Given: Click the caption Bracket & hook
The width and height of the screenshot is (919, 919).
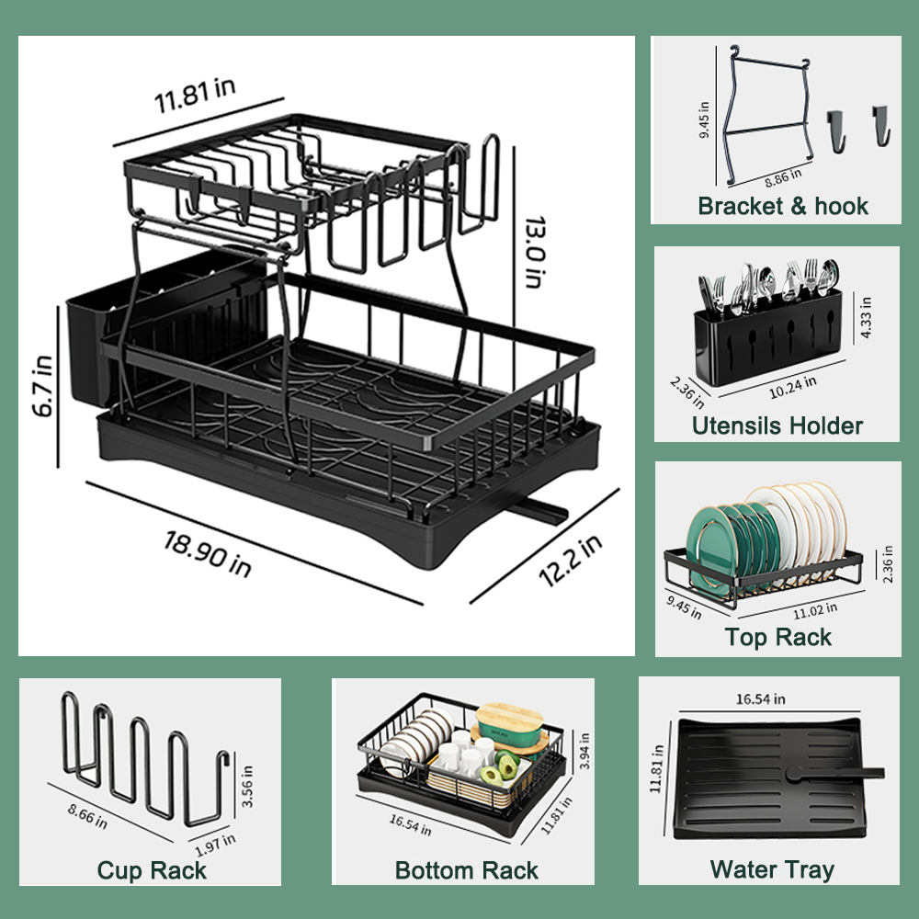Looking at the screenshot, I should pos(782,206).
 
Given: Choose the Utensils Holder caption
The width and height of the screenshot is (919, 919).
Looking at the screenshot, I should pos(777,425).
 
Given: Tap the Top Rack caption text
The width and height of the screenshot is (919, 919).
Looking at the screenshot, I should pos(777,637).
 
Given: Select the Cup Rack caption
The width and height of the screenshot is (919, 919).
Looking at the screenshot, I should pos(152,870).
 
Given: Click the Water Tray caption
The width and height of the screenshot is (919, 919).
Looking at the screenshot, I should pos(772,869).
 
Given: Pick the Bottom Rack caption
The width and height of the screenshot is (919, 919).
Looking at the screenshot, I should pos(467,870).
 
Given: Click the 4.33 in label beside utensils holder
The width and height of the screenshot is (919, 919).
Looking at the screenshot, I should pos(866,317).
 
